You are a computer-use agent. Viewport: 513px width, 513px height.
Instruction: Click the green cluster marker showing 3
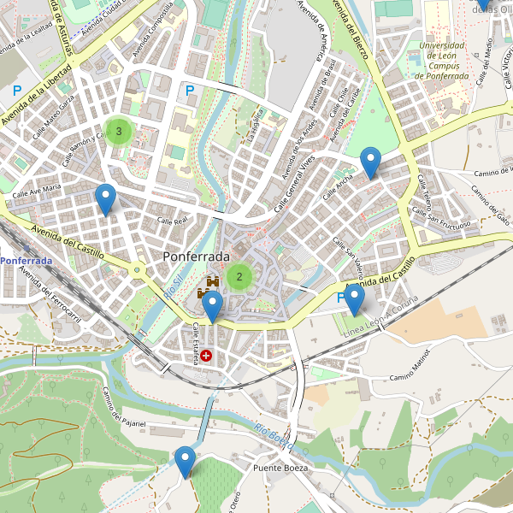[x=119, y=131]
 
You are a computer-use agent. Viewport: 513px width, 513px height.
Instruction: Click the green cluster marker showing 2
[x=239, y=275]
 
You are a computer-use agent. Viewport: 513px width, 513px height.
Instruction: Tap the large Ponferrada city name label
[x=196, y=256]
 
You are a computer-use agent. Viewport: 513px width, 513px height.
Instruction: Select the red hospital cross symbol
[x=206, y=354]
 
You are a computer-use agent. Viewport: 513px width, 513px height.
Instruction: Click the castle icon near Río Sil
[x=209, y=284]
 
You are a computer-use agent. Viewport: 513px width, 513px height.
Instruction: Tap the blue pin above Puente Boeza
[x=185, y=462]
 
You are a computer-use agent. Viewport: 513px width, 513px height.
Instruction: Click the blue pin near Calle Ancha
[x=370, y=162]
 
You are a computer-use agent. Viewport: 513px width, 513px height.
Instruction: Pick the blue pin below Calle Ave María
[x=105, y=199]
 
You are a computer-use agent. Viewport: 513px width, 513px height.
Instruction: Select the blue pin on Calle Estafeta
[x=211, y=306]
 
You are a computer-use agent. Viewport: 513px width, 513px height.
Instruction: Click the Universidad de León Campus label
[x=442, y=61]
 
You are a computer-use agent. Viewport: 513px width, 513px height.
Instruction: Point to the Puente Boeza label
[x=280, y=469]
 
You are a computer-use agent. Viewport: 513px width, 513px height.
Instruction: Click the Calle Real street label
[x=172, y=221]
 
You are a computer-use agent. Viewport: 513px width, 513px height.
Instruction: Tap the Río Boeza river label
[x=273, y=435]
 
